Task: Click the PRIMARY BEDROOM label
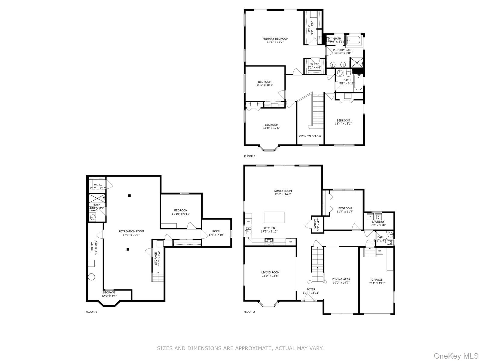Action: pyautogui.click(x=275, y=39)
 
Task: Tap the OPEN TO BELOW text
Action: pyautogui.click(x=310, y=136)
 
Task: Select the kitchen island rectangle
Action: pyautogui.click(x=274, y=217)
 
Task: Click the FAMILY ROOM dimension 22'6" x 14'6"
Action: pyautogui.click(x=283, y=194)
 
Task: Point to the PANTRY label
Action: pyautogui.click(x=315, y=224)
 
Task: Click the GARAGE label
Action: pyautogui.click(x=377, y=279)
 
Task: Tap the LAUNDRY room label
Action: pyautogui.click(x=378, y=221)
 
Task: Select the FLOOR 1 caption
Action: pyautogui.click(x=91, y=312)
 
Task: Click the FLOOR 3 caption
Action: pyautogui.click(x=250, y=156)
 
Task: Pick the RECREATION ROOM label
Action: pyautogui.click(x=131, y=231)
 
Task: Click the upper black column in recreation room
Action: pyautogui.click(x=130, y=196)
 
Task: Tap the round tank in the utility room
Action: pyautogui.click(x=92, y=277)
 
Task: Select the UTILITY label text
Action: pyautogui.click(x=92, y=247)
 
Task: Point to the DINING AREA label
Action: pyautogui.click(x=341, y=279)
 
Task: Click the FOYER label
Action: pyautogui.click(x=311, y=289)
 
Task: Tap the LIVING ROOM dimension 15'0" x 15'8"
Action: pyautogui.click(x=270, y=276)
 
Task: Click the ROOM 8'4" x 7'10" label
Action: pyautogui.click(x=216, y=231)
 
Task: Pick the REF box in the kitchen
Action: pyautogui.click(x=290, y=242)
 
